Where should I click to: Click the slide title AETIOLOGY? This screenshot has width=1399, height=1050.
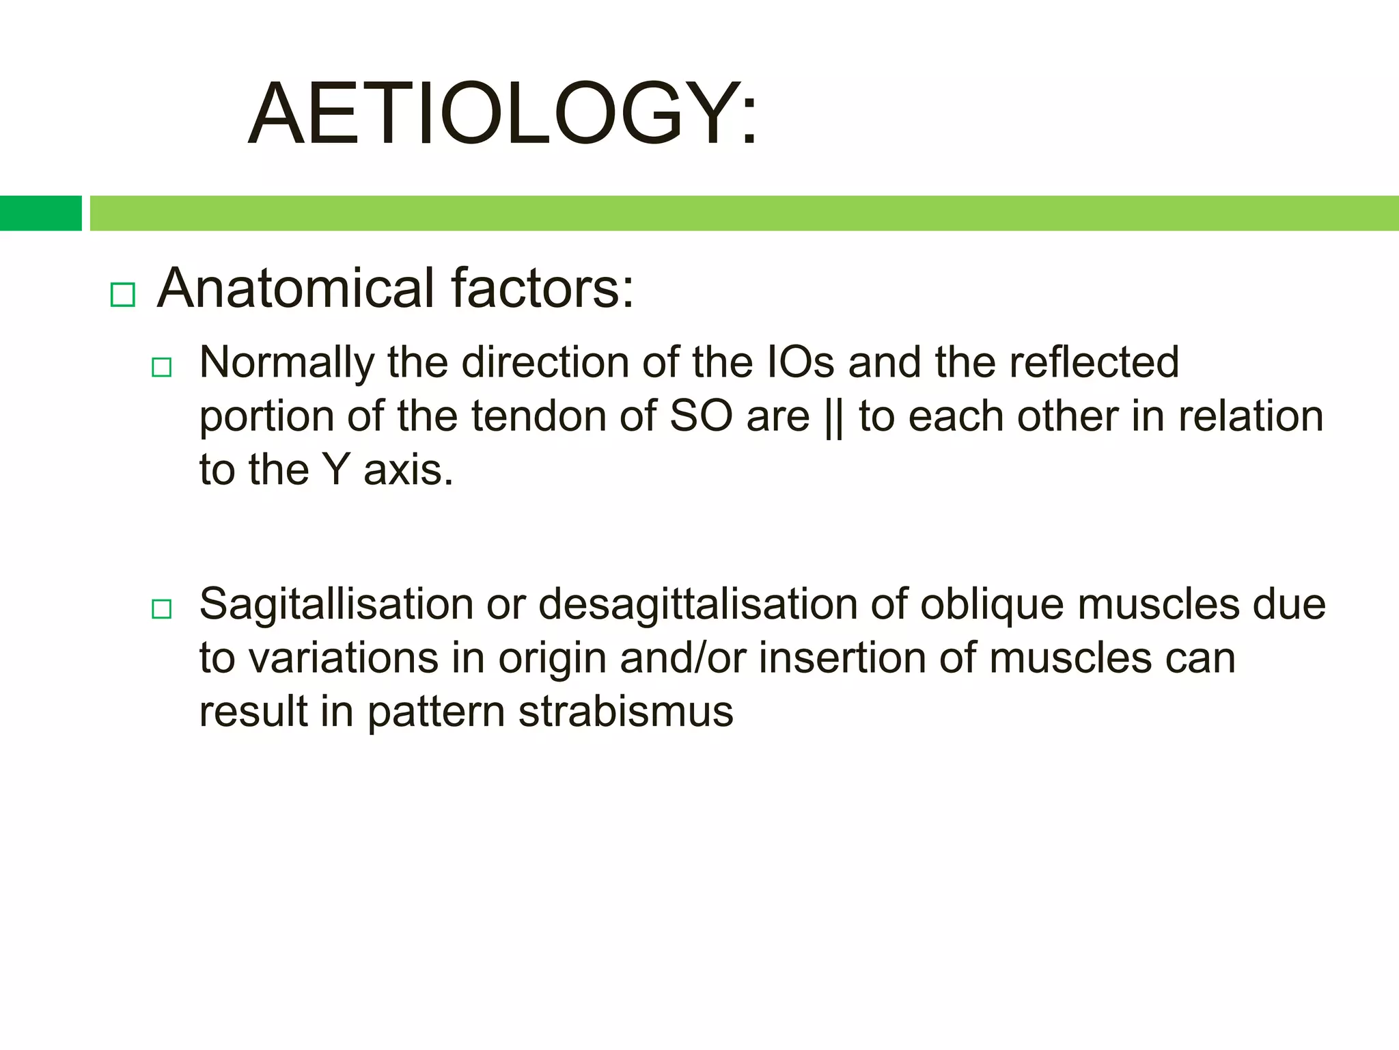coord(503,113)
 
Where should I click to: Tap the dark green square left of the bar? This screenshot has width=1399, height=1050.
coord(40,213)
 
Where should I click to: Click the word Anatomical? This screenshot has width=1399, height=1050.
coord(296,288)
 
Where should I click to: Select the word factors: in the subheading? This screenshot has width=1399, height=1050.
coord(542,288)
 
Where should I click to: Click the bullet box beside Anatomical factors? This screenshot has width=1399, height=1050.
coord(123,295)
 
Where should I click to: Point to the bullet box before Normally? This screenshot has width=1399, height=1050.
coord(161,367)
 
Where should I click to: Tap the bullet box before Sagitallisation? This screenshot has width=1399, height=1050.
coord(161,608)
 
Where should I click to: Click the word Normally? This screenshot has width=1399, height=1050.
coord(286,362)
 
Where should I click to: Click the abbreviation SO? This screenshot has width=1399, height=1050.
coord(701,416)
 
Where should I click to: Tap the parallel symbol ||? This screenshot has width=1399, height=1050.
coord(834,418)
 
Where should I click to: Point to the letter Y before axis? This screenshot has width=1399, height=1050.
coord(336,470)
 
